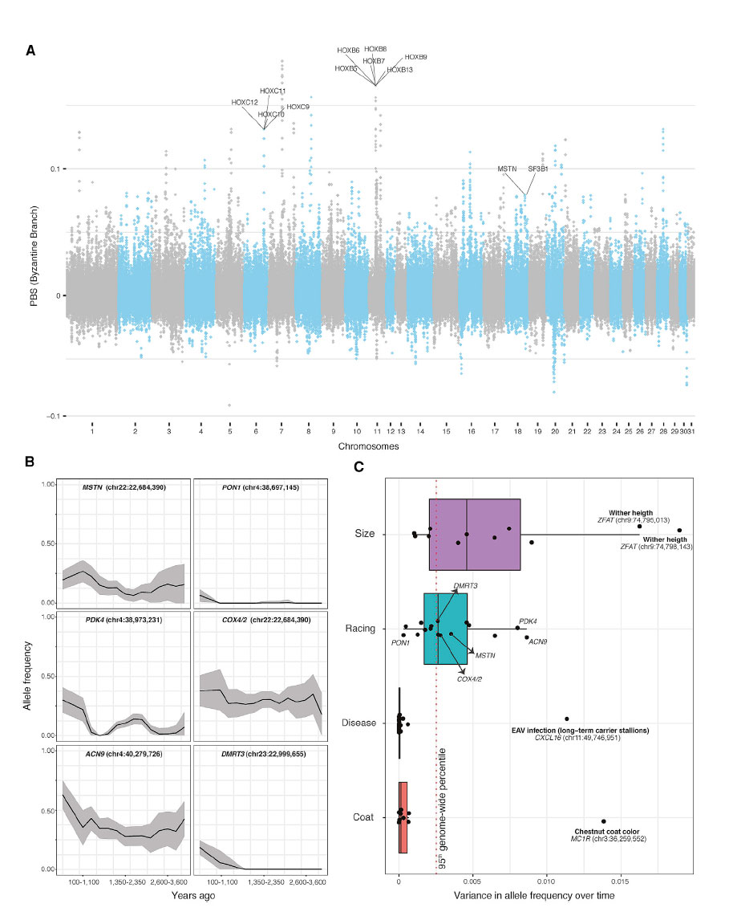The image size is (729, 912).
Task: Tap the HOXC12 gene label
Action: [x=245, y=102]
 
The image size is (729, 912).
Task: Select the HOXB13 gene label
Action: [x=399, y=70]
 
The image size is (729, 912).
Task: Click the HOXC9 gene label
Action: [x=298, y=107]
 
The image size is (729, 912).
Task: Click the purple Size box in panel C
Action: [x=475, y=534]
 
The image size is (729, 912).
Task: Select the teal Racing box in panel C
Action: [x=445, y=629]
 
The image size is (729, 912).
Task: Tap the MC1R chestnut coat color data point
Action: [x=603, y=821]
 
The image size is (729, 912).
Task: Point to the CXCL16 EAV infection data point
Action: [x=566, y=719]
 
